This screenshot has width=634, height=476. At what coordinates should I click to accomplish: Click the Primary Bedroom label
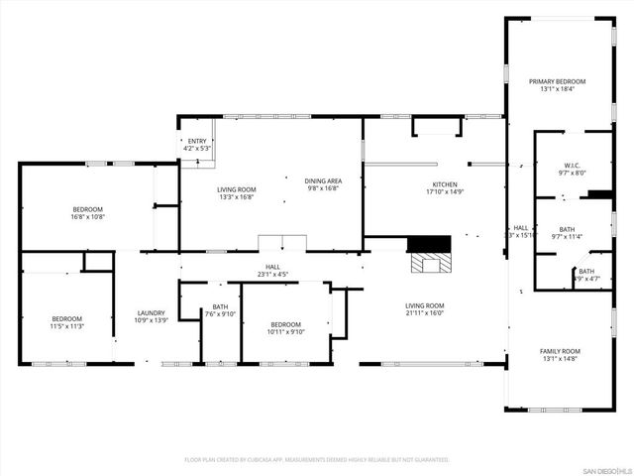tap(557, 81)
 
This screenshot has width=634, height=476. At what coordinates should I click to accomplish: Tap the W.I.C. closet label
tap(573, 166)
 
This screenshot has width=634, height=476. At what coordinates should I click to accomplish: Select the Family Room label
tap(560, 352)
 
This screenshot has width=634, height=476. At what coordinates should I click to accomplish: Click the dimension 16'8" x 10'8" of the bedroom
tap(87, 216)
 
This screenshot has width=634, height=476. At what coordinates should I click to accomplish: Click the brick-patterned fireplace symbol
tap(430, 264)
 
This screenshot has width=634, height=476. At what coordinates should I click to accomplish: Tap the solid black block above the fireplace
tap(429, 244)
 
